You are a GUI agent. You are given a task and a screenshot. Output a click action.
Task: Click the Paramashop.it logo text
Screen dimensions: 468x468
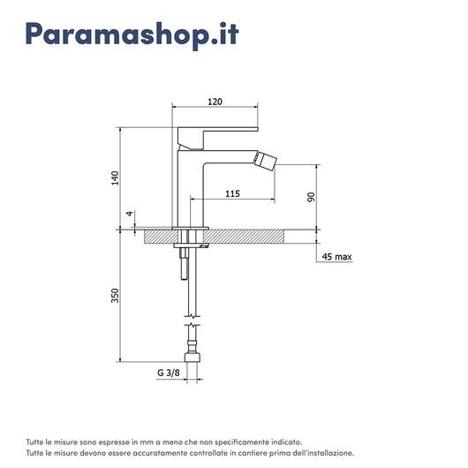pyautogui.click(x=132, y=34)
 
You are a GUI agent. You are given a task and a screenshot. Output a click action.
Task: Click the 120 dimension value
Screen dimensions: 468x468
pyautogui.click(x=215, y=102)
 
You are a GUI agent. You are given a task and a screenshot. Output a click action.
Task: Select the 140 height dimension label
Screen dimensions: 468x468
pyautogui.click(x=115, y=178)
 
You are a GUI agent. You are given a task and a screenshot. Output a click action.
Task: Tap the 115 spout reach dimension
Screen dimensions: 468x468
pyautogui.click(x=232, y=193)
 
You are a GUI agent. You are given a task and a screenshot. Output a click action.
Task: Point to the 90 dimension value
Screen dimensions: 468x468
pyautogui.click(x=311, y=197)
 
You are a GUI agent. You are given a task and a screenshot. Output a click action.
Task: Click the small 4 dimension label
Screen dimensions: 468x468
pyautogui.click(x=130, y=214)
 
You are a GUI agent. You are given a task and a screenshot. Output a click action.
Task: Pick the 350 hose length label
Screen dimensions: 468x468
pyautogui.click(x=115, y=296)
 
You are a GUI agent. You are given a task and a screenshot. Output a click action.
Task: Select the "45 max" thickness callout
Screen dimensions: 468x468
pyautogui.click(x=336, y=257)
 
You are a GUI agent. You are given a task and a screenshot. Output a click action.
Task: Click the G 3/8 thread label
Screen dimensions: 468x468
pyautogui.click(x=169, y=373)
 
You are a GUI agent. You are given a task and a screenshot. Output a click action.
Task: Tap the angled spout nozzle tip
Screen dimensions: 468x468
pyautogui.click(x=265, y=161)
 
